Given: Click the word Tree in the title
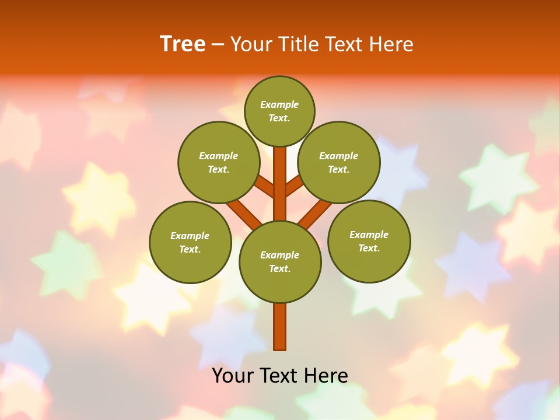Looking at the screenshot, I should click(x=183, y=44).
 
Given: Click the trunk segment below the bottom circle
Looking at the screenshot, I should click(x=280, y=327).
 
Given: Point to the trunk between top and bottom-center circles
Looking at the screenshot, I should click(x=280, y=184).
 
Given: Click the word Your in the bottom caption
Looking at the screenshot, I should click(x=232, y=376).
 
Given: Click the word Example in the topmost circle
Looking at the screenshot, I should click(x=279, y=105).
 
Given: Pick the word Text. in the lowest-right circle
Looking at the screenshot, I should click(x=369, y=249).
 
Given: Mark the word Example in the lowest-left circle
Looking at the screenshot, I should click(x=190, y=236).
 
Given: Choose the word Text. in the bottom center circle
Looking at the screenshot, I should click(x=279, y=269).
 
